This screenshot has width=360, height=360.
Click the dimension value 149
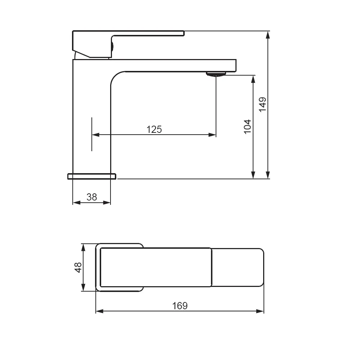(x=262, y=104)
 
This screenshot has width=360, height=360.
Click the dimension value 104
(x=248, y=127)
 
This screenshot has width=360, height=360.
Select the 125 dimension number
(x=154, y=129)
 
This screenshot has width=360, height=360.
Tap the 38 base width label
(x=92, y=197)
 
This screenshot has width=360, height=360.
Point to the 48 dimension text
(x=78, y=267)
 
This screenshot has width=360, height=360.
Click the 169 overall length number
(x=180, y=306)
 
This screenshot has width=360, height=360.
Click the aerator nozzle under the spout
(x=216, y=74)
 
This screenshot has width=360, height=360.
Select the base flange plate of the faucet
(x=92, y=176)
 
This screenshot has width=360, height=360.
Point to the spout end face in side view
(x=236, y=66)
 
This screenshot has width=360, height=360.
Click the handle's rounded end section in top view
(x=238, y=267)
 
